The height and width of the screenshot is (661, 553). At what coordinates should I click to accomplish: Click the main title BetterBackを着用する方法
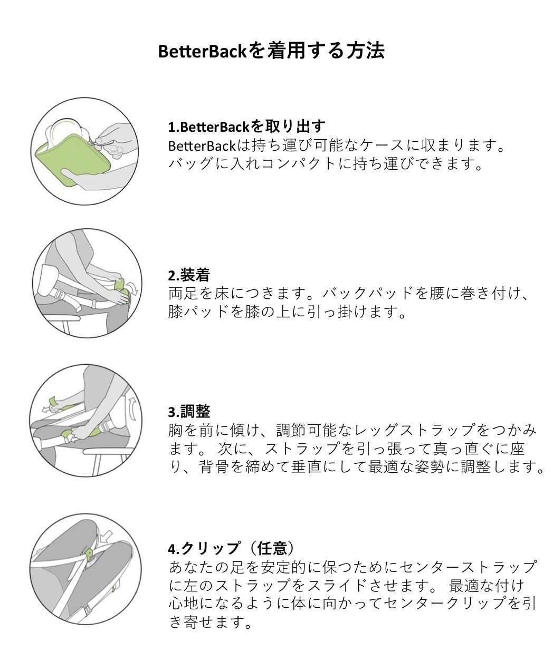(271, 51)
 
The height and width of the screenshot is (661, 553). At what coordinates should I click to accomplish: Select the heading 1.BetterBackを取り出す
(246, 127)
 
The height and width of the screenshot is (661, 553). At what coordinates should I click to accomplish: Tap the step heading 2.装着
(189, 275)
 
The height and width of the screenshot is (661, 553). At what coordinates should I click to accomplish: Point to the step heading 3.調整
(189, 412)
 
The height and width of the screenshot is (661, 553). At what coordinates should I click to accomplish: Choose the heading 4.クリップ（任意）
(231, 548)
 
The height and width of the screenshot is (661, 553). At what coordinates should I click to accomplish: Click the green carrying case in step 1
(72, 158)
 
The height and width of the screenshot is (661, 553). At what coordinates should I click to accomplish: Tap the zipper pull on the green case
(92, 143)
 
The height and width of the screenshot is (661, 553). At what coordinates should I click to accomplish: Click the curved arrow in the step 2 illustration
(134, 288)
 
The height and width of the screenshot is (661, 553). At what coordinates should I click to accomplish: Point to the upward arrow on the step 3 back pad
(132, 408)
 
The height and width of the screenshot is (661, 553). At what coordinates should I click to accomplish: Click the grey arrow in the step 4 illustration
(106, 537)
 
